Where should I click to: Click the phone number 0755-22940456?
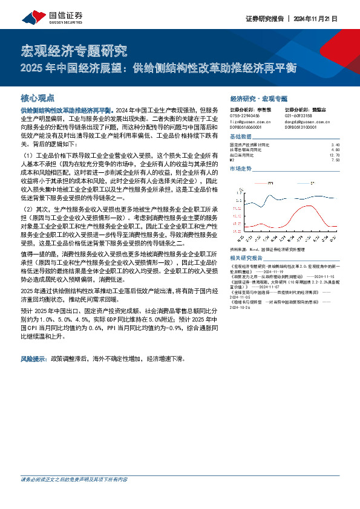245,115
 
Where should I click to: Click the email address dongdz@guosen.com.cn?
306,120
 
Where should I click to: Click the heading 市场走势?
241,169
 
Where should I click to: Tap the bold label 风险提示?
34,358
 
